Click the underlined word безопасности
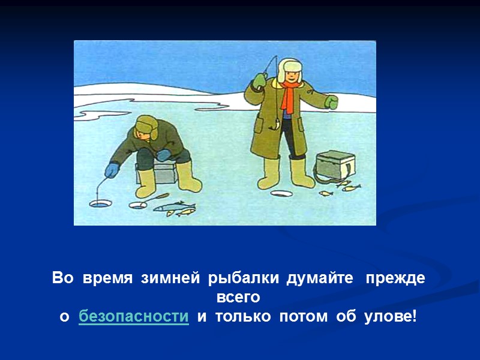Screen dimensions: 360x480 pyautogui.click(x=134, y=317)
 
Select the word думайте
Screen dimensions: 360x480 pyautogui.click(x=319, y=279)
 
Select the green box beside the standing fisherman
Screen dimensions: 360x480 pyautogui.click(x=335, y=165)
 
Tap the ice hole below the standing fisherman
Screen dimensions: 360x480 pyautogui.click(x=280, y=194)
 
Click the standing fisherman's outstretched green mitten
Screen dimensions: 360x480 pyautogui.click(x=331, y=101)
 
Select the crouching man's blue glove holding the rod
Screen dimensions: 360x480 pyautogui.click(x=112, y=170)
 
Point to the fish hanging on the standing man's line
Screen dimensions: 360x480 pyautogui.click(x=277, y=123)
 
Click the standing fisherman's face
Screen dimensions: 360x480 pyautogui.click(x=291, y=76)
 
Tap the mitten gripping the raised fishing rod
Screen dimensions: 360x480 pyautogui.click(x=259, y=80)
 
